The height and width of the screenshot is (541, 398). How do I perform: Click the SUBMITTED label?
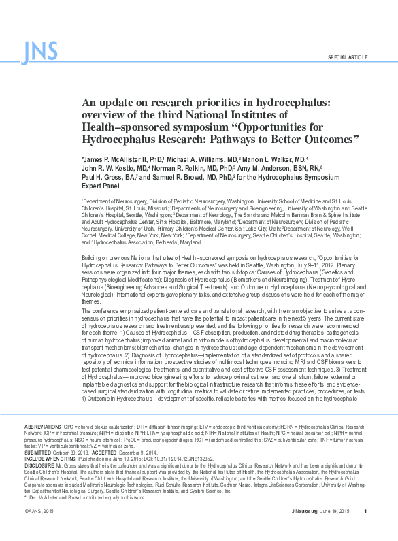point(37,452)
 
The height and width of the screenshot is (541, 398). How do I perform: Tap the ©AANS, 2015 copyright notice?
point(39,530)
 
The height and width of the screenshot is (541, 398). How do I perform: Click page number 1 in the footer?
point(365,530)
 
